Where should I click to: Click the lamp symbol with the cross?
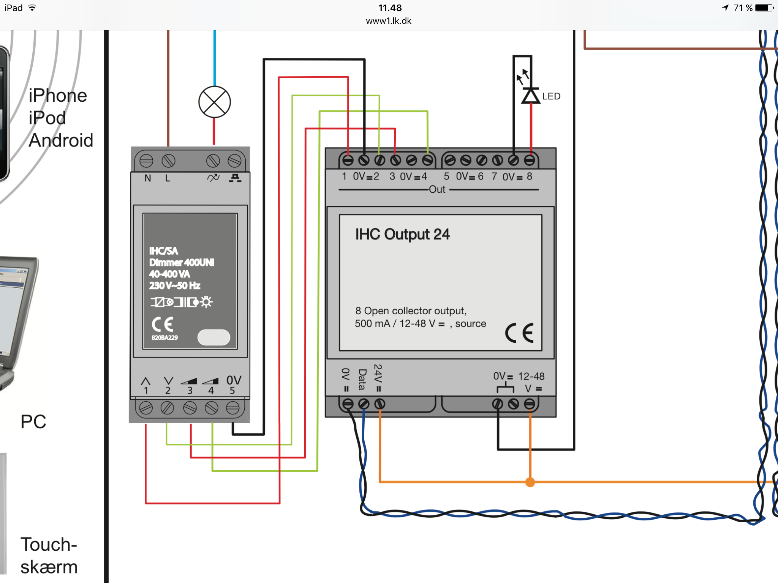click(215, 102)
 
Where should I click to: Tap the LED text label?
click(551, 96)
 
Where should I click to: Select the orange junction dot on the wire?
click(530, 482)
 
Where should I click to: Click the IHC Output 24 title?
click(402, 235)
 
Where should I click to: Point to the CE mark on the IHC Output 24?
click(519, 333)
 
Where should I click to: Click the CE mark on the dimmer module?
click(163, 325)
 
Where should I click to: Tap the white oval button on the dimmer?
click(214, 337)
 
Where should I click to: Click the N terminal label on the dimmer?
click(148, 178)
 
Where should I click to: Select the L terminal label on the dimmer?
click(168, 178)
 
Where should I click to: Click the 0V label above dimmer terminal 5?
click(234, 380)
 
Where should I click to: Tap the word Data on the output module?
click(362, 380)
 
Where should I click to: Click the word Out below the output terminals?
click(437, 189)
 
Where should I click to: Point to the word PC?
click(33, 422)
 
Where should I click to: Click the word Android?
click(61, 140)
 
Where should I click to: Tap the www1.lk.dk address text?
click(389, 21)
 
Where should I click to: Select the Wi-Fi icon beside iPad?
click(32, 8)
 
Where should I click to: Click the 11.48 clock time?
click(390, 8)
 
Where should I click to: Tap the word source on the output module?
click(470, 324)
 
